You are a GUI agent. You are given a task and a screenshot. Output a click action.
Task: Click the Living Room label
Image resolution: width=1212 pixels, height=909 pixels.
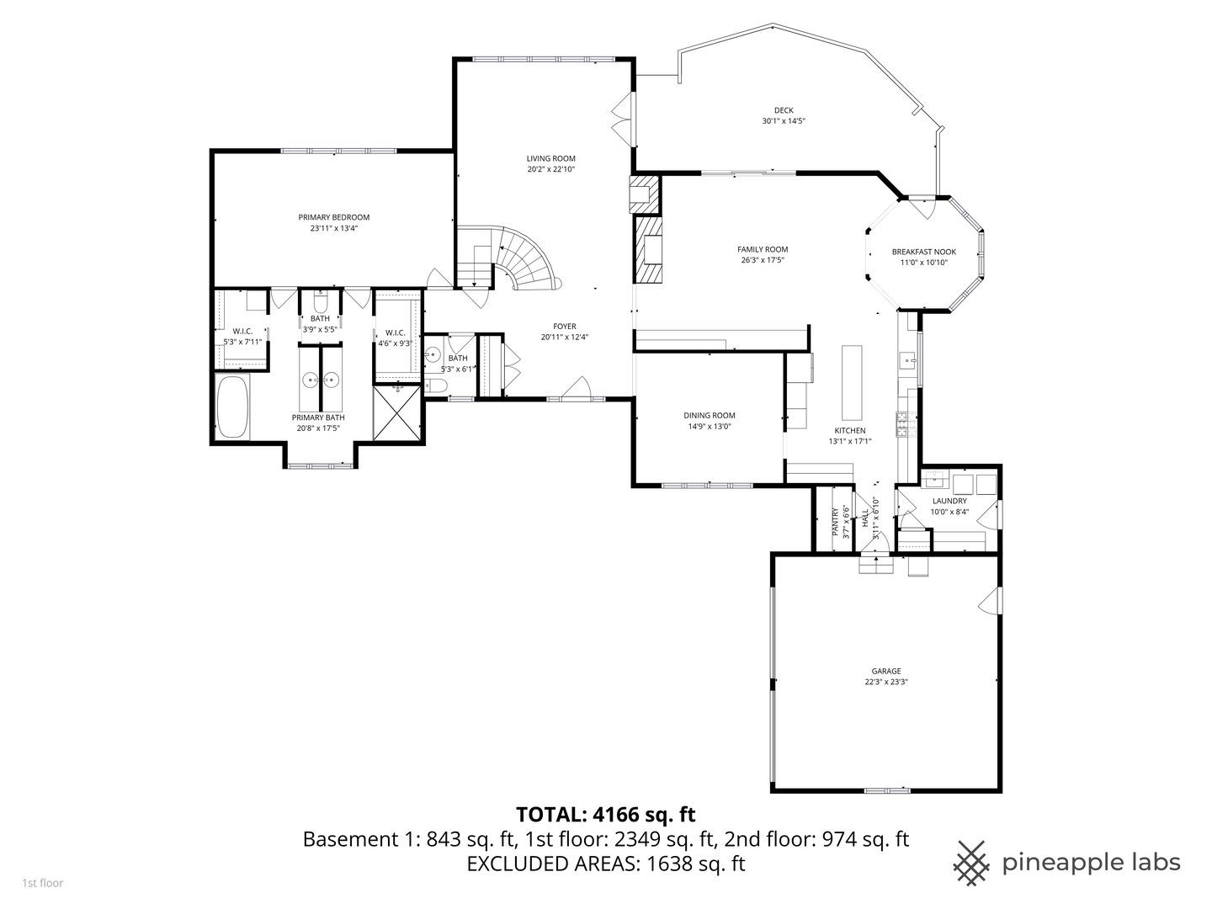pyautogui.click(x=550, y=158)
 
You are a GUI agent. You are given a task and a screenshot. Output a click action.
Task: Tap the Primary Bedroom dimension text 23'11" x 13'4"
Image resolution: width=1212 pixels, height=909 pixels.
pyautogui.click(x=333, y=228)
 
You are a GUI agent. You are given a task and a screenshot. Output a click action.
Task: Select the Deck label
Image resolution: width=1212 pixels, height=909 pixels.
pyautogui.click(x=784, y=110)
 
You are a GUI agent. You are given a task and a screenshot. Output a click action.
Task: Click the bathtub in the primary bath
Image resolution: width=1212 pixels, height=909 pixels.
pyautogui.click(x=233, y=407)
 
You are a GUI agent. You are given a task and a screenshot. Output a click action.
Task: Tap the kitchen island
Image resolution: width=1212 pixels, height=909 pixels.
pyautogui.click(x=852, y=382)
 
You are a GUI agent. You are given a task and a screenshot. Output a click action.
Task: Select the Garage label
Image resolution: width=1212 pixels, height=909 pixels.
pyautogui.click(x=885, y=671)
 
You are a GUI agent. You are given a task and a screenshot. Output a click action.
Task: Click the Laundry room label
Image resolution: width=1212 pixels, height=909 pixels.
pyautogui.click(x=949, y=501)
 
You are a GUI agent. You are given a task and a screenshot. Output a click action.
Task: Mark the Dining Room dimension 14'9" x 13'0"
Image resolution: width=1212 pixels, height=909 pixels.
pyautogui.click(x=709, y=426)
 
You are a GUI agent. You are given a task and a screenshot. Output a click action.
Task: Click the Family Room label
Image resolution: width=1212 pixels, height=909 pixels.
pyautogui.click(x=762, y=249)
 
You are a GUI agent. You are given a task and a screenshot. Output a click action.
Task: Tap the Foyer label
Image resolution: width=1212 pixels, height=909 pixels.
pyautogui.click(x=564, y=327)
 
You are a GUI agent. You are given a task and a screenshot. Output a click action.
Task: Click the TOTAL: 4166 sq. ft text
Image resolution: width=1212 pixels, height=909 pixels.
pyautogui.click(x=605, y=814)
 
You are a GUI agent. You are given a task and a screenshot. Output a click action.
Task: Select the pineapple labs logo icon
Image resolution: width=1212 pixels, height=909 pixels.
pyautogui.click(x=972, y=863)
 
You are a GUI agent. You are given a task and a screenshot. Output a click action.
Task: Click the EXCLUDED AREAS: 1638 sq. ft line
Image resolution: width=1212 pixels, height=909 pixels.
pyautogui.click(x=606, y=864)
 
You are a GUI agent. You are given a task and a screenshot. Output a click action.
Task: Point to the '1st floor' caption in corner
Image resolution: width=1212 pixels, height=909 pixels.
pyautogui.click(x=42, y=883)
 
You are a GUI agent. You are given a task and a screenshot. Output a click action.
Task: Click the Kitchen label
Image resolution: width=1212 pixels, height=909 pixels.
pyautogui.click(x=849, y=430)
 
